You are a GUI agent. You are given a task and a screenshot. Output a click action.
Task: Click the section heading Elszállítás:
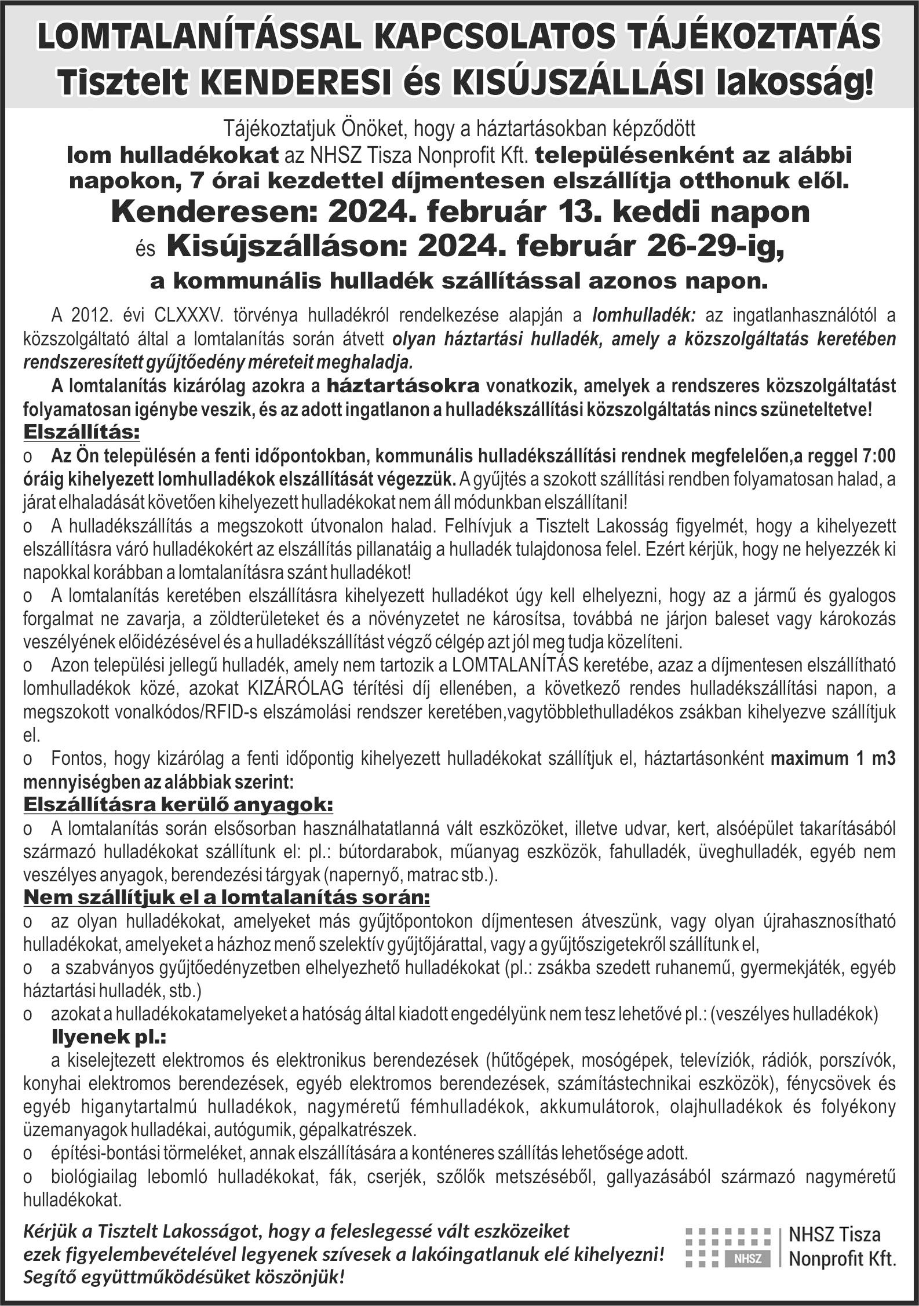coord(81,432)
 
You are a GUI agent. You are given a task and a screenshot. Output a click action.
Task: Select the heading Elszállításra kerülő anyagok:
coord(178,805)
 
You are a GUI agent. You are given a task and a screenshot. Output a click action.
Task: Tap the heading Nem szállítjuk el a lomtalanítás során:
coord(227,898)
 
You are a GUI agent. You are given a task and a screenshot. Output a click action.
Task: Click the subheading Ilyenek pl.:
coord(109,1036)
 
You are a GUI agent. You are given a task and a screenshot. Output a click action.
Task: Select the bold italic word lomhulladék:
coord(643,316)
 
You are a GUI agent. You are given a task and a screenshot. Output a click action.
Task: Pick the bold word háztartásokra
coord(403,385)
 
